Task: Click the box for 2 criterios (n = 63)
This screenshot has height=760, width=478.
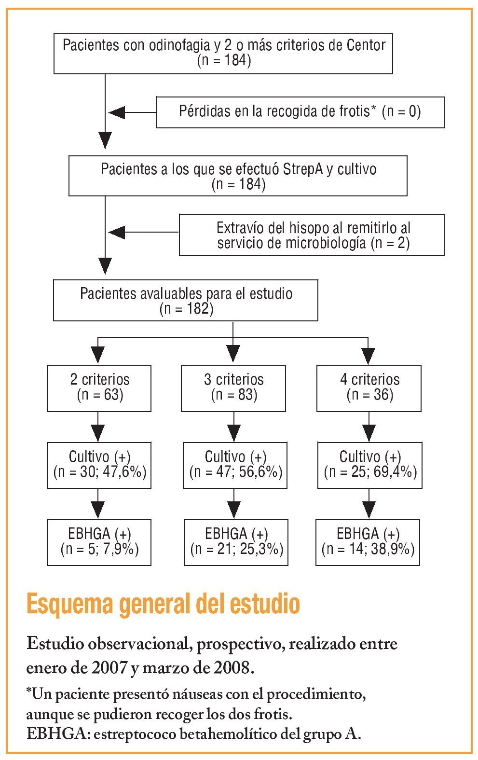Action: pyautogui.click(x=99, y=388)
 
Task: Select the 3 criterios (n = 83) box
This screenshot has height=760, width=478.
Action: pyautogui.click(x=233, y=388)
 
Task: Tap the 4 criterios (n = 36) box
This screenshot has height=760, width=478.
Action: pyautogui.click(x=369, y=388)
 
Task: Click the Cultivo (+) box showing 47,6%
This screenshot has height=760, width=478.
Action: pyautogui.click(x=99, y=465)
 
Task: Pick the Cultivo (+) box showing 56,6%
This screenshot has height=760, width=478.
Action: pyautogui.click(x=235, y=465)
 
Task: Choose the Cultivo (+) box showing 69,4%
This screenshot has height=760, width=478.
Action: pyautogui.click(x=370, y=465)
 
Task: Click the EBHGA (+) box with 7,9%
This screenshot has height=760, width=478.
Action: pyautogui.click(x=99, y=542)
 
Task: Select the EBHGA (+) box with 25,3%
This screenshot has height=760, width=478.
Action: pyautogui.click(x=236, y=542)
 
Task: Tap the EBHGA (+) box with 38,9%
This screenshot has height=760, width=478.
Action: pyautogui.click(x=368, y=542)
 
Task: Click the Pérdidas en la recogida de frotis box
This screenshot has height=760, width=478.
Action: pyautogui.click(x=300, y=112)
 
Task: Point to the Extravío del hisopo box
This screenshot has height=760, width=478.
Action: pyautogui.click(x=312, y=235)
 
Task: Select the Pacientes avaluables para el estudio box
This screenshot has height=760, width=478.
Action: pyautogui.click(x=186, y=300)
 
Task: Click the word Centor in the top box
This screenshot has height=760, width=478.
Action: pyautogui.click(x=366, y=45)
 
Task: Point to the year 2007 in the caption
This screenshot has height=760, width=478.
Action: pyautogui.click(x=109, y=668)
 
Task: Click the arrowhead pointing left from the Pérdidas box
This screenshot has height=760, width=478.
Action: pyautogui.click(x=117, y=112)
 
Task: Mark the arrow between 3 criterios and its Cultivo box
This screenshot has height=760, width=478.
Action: pyautogui.click(x=233, y=427)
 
